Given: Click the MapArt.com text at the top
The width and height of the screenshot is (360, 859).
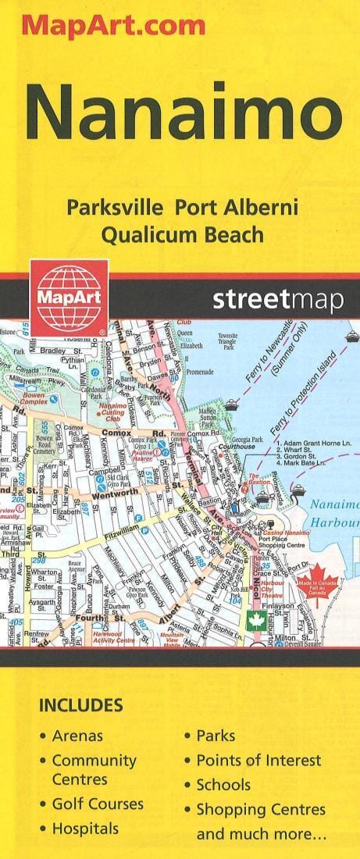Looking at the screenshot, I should tap(113, 26).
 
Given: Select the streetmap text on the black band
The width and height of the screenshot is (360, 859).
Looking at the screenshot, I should tap(276, 300).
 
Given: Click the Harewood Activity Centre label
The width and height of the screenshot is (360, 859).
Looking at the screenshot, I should tap(114, 638).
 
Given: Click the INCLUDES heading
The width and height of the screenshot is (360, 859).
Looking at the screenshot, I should tap(80, 706).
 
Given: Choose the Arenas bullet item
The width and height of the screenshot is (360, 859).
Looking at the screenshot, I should tap(77, 736).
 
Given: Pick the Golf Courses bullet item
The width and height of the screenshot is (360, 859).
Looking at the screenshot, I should tap(98, 804).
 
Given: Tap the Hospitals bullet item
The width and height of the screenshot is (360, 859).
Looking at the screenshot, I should tap(85, 829).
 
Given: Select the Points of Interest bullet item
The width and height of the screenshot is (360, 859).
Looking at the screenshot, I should tap(258, 760).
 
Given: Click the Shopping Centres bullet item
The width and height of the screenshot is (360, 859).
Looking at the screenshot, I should tap(261, 810).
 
